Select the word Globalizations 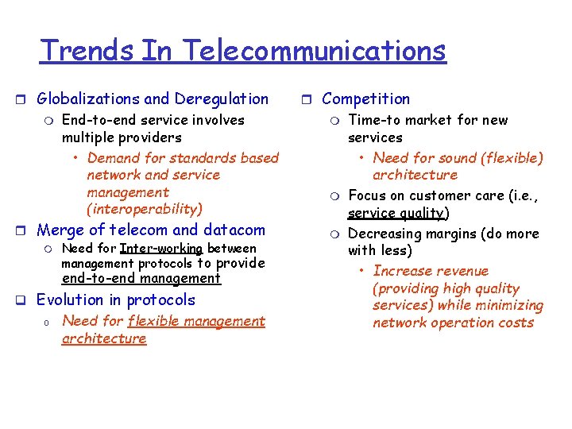point(89,99)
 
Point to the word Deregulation point(222,99)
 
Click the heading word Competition point(365,99)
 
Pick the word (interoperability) point(145,210)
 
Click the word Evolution point(71,300)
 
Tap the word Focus point(367,195)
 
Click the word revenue point(461,272)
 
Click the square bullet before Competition point(307,100)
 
